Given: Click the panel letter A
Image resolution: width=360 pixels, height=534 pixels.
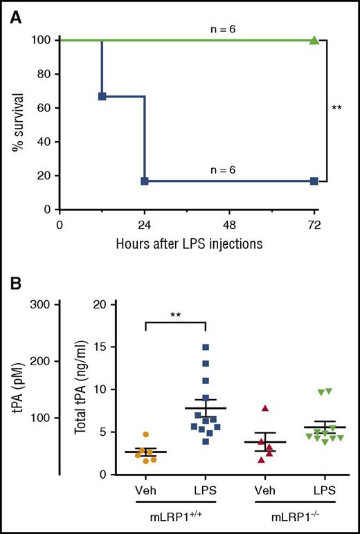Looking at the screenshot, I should coord(13,15).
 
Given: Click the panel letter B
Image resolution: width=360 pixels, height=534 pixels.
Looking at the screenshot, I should coord(13,284).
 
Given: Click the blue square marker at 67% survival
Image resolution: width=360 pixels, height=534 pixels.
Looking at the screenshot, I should coord(102,96).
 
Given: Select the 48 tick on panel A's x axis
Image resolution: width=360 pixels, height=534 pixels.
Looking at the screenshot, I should coord(229,225).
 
